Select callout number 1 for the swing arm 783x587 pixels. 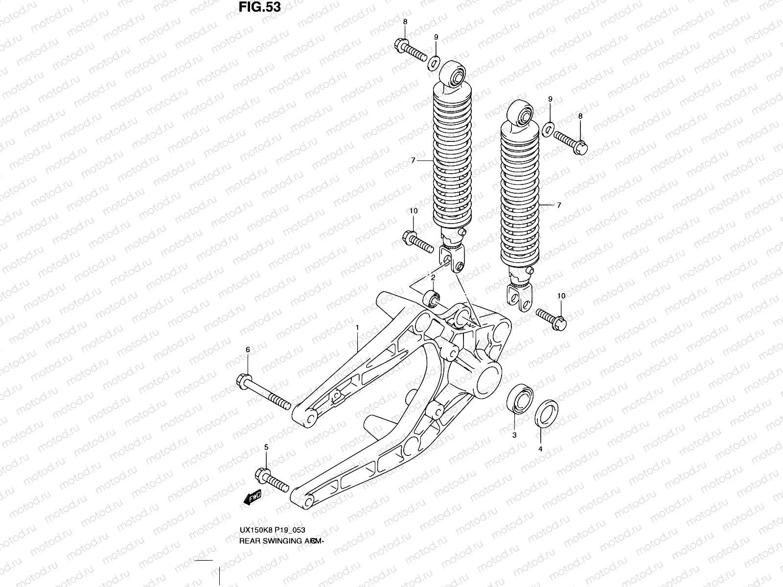click(358, 327)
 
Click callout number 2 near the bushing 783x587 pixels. click(433, 278)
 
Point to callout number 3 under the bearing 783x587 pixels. click(514, 435)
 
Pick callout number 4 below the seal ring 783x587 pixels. click(540, 449)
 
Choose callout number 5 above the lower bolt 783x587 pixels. click(266, 447)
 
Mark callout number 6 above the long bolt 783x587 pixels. click(248, 349)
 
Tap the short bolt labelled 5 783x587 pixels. click(272, 479)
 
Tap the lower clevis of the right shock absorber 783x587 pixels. click(520, 297)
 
